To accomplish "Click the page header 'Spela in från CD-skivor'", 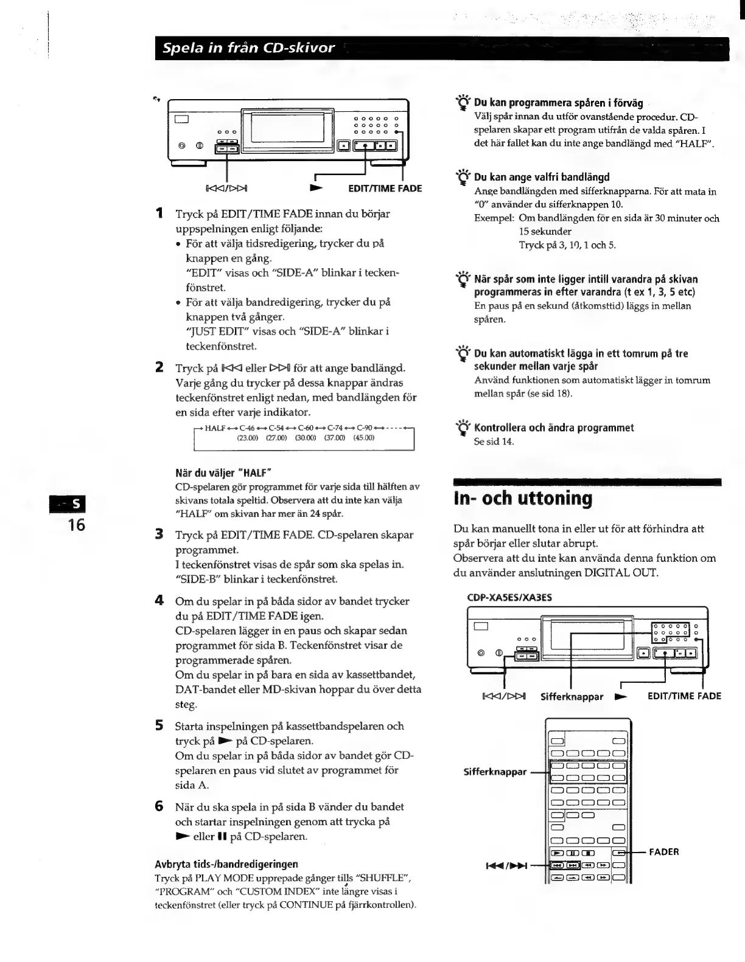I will (x=245, y=48).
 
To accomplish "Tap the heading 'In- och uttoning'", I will (x=523, y=499).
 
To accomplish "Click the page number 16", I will (x=77, y=525).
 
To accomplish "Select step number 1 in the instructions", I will (x=159, y=213).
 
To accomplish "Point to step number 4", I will (x=159, y=601).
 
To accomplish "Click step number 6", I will (x=159, y=806).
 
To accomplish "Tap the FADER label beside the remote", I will (x=664, y=851).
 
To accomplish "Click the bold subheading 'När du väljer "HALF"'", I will (x=223, y=472).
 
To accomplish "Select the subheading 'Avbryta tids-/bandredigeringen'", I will (x=226, y=863).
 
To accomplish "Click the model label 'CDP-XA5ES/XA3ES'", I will (x=509, y=597).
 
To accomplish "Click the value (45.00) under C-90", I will (x=364, y=437).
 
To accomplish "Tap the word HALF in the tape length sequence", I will (x=215, y=428).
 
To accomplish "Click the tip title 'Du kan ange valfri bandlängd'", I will (x=542, y=177).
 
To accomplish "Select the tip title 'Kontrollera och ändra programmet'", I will (x=554, y=427).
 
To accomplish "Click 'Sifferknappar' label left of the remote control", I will (x=495, y=772).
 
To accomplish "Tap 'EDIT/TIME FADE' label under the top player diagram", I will (x=385, y=189).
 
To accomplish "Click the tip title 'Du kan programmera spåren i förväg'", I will (x=558, y=103).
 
